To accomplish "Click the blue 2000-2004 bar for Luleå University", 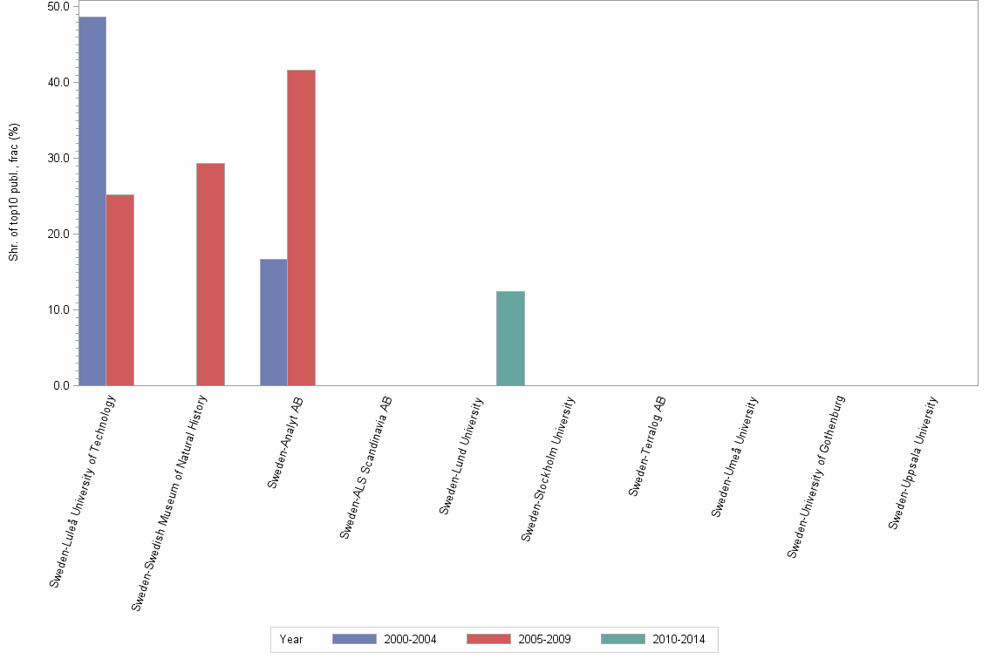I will pyautogui.click(x=92, y=201).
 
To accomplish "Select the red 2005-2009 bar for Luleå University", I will pyautogui.click(x=120, y=290).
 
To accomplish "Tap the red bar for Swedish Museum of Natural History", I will pyautogui.click(x=210, y=275).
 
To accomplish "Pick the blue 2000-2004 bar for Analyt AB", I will pyautogui.click(x=274, y=323).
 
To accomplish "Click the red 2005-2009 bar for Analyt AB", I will pyautogui.click(x=302, y=228).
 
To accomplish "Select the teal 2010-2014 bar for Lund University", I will pyautogui.click(x=510, y=338).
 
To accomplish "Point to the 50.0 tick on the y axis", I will pyautogui.click(x=59, y=6).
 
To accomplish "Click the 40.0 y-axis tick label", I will pyautogui.click(x=59, y=82).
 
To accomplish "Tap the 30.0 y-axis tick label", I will pyautogui.click(x=59, y=158).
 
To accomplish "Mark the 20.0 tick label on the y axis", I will pyautogui.click(x=59, y=234).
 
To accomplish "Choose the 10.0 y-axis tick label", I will pyautogui.click(x=59, y=309).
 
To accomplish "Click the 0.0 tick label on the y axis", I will pyautogui.click(x=62, y=385).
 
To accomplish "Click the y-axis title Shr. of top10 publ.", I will pyautogui.click(x=14, y=192).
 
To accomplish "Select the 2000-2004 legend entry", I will pyautogui.click(x=385, y=639).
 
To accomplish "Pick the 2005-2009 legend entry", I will pyautogui.click(x=519, y=639).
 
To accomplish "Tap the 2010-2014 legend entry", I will pyautogui.click(x=653, y=639).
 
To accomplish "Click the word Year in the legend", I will pyautogui.click(x=291, y=639).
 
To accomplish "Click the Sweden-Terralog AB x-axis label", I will pyautogui.click(x=647, y=446).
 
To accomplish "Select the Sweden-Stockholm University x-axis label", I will pyautogui.click(x=549, y=468).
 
